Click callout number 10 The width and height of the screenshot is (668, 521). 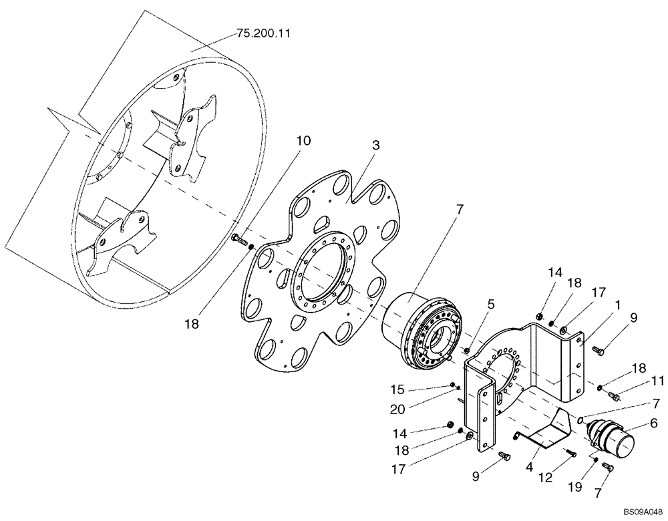[303, 140]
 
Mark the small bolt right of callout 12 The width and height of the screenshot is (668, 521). [571, 453]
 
